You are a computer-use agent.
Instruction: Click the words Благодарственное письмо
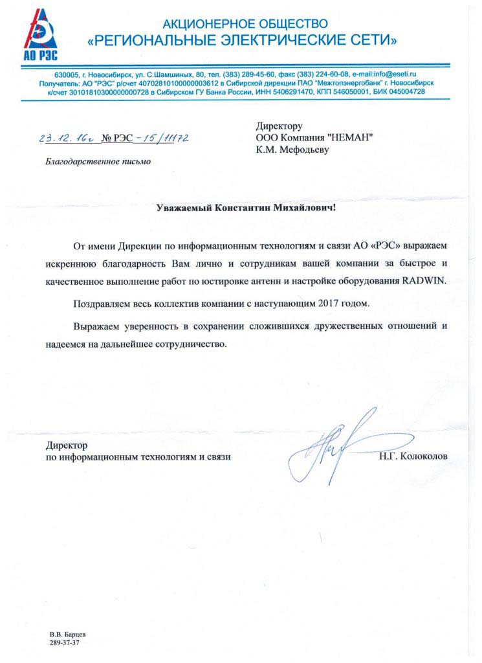point(98,161)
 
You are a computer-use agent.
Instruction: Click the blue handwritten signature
point(333,447)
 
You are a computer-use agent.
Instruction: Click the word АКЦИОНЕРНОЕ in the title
point(206,25)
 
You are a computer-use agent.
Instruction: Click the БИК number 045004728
point(406,92)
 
